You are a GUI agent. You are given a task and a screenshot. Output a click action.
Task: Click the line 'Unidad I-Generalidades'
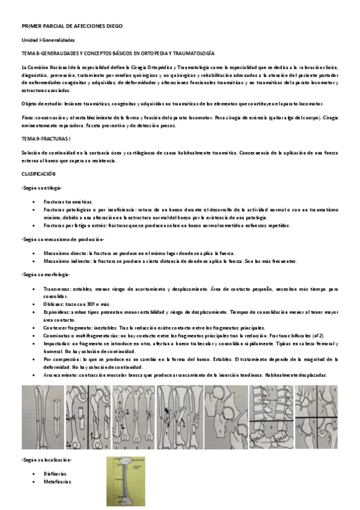[47, 40]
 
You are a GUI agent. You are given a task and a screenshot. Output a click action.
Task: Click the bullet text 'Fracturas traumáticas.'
[68, 201]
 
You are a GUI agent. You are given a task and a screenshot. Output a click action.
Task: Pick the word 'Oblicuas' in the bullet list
[53, 304]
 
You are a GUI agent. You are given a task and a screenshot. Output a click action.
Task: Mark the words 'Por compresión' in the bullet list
[60, 358]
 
